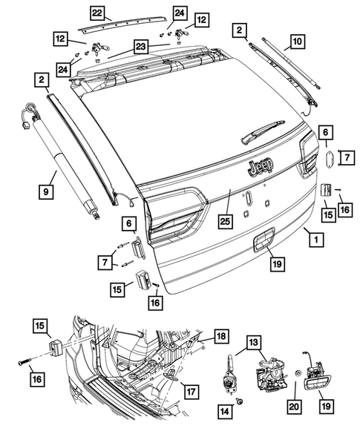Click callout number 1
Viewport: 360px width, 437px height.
pos(315,240)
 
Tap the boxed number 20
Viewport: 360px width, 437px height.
pos(295,407)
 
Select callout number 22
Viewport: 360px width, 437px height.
pos(98,12)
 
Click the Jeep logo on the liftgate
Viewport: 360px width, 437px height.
pos(260,167)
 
